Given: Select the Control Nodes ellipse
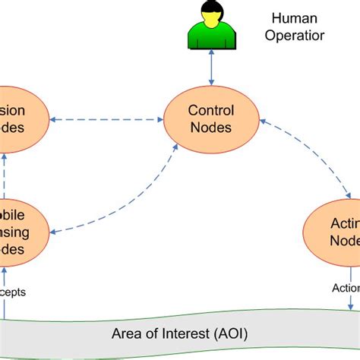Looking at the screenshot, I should tap(212, 119).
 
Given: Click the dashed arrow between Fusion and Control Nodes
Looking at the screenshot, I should tap(107, 119).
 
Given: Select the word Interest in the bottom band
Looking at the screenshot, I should tap(180, 333).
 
